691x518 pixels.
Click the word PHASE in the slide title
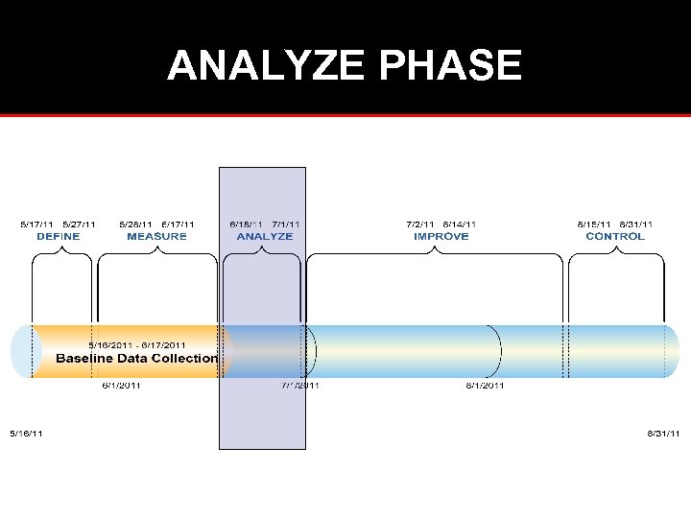click(451, 66)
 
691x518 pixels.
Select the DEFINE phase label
click(59, 236)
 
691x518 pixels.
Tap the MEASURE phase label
click(156, 236)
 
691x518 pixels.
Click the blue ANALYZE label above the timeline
click(264, 236)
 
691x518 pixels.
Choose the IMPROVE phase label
click(441, 236)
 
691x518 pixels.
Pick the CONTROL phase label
click(615, 236)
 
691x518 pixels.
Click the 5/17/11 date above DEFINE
click(37, 224)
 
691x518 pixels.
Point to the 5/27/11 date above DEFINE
click(79, 224)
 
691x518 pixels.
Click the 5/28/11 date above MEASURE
click(135, 224)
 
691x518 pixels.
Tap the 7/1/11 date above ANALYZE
click(286, 224)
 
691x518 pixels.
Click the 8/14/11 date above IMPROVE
click(461, 224)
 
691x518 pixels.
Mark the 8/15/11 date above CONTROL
click(594, 224)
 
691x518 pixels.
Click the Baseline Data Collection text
click(136, 359)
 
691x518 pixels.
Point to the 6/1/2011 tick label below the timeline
click(123, 386)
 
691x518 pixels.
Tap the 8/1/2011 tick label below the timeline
click(485, 386)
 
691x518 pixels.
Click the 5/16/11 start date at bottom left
click(26, 434)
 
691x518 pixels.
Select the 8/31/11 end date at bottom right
click(663, 434)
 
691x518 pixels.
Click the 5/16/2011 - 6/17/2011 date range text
click(137, 345)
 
